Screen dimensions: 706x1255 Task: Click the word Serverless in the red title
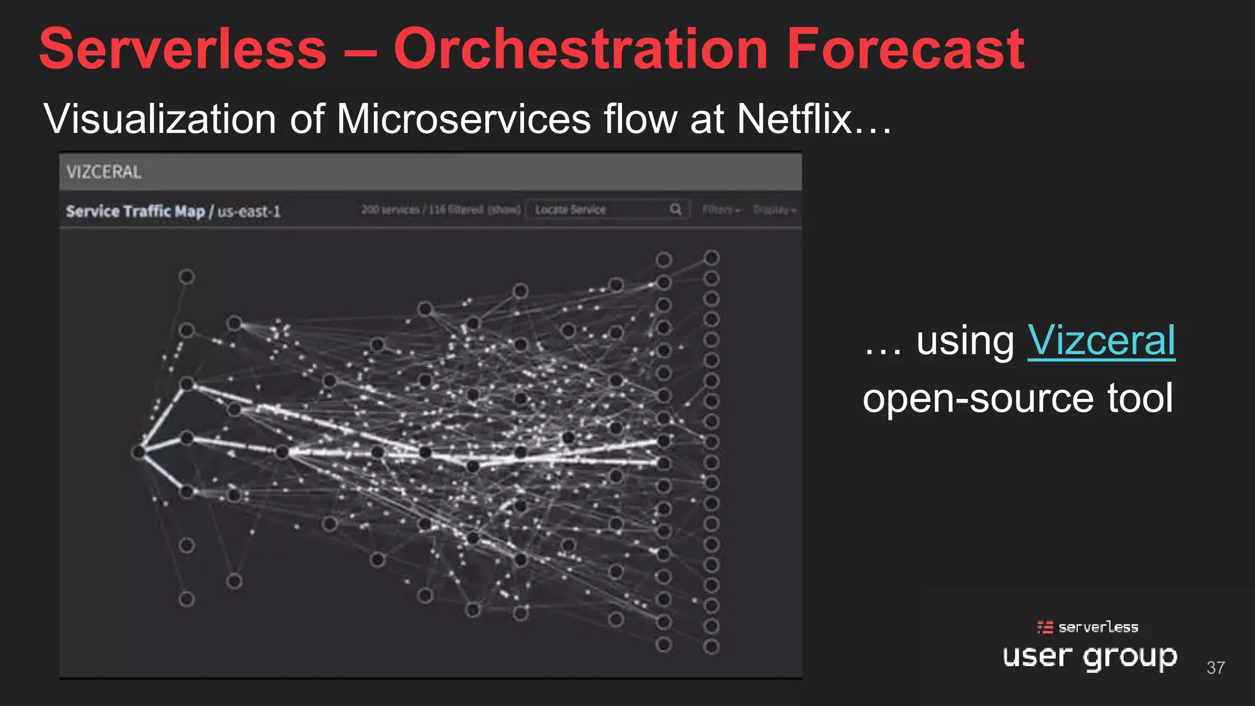point(183,49)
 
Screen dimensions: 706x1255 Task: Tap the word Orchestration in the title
point(580,49)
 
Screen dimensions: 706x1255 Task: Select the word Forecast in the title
point(905,49)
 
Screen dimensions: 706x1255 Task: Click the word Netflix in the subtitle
point(794,118)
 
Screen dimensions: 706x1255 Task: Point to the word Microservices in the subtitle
point(463,118)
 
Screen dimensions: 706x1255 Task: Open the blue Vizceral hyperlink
point(1101,341)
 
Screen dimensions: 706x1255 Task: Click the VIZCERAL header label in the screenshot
point(104,172)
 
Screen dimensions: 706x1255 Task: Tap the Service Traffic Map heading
point(135,211)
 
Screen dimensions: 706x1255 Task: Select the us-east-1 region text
point(249,211)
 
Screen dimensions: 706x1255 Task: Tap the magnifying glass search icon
point(675,210)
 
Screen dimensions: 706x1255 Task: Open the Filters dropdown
point(721,210)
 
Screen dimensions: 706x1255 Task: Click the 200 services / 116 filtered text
point(440,210)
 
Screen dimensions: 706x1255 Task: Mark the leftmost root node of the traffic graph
point(138,452)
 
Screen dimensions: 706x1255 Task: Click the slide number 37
point(1215,667)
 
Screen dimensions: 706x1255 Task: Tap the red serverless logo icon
point(1045,627)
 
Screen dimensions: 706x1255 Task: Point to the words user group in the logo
point(1090,656)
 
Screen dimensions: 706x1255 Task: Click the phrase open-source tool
point(1017,398)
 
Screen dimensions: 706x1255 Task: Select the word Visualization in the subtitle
point(159,118)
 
